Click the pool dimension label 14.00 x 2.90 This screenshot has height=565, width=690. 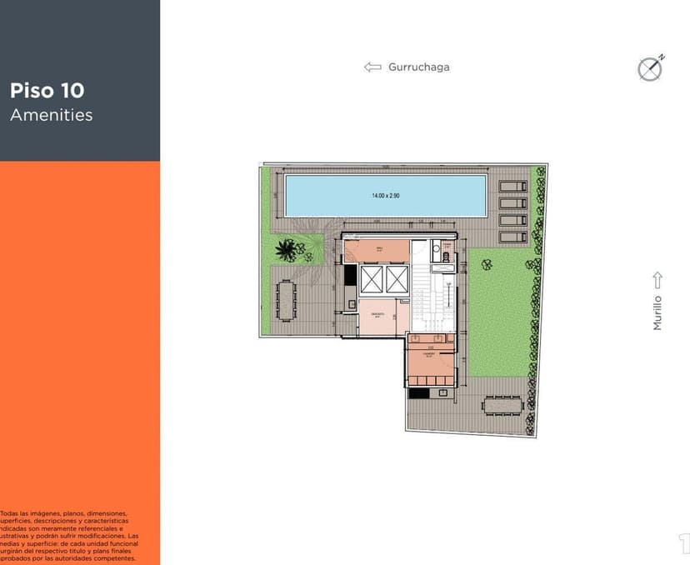[x=386, y=195]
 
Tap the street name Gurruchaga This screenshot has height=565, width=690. [x=418, y=67]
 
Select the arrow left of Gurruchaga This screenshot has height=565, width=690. [x=372, y=67]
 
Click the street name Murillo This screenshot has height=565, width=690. [x=657, y=312]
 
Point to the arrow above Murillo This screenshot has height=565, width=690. [x=657, y=279]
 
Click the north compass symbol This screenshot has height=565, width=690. [x=650, y=68]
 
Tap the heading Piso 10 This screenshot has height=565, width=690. [x=47, y=91]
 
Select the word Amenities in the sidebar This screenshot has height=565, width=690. [x=52, y=115]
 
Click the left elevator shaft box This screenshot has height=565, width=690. [x=371, y=279]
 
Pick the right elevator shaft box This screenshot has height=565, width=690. [x=396, y=279]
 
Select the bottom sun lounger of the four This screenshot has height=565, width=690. [x=512, y=237]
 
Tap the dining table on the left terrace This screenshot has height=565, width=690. [x=287, y=300]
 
